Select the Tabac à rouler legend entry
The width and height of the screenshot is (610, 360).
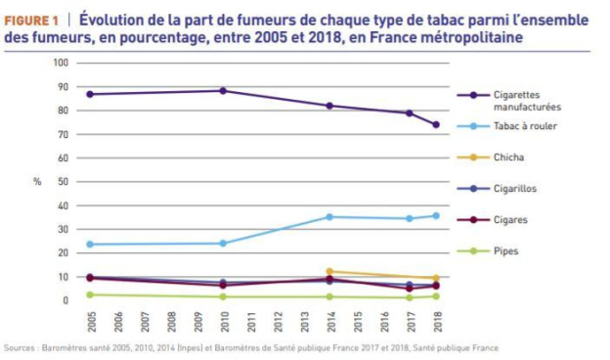point(521,126)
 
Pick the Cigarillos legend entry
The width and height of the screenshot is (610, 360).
point(516,188)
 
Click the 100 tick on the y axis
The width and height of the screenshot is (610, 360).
point(61,63)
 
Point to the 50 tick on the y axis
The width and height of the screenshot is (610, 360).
point(63,182)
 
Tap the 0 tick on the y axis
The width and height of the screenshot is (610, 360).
point(65,300)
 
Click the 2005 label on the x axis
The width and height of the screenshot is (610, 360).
point(91,320)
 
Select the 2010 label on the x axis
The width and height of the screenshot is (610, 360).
point(223,320)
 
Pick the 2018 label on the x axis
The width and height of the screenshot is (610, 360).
point(436,320)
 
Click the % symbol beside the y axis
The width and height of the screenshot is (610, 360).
point(37,182)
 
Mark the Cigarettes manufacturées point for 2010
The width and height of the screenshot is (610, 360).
point(223,90)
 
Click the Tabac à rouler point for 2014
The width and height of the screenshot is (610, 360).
point(329,216)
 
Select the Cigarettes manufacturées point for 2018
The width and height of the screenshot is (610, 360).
point(436,124)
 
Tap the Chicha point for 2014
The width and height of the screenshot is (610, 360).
point(329,271)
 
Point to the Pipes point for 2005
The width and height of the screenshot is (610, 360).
point(91,294)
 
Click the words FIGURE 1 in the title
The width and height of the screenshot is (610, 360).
point(35,18)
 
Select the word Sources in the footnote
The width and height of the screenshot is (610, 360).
point(20,347)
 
